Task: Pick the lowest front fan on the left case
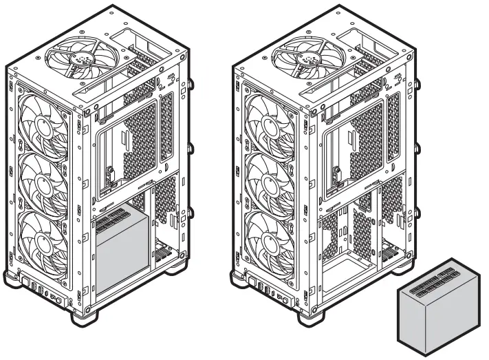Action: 43,237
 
